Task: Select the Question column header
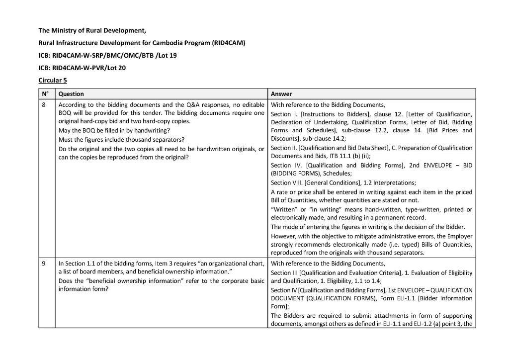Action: (x=71, y=94)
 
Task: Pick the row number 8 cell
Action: (x=44, y=105)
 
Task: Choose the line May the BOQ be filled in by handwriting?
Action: (x=111, y=130)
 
